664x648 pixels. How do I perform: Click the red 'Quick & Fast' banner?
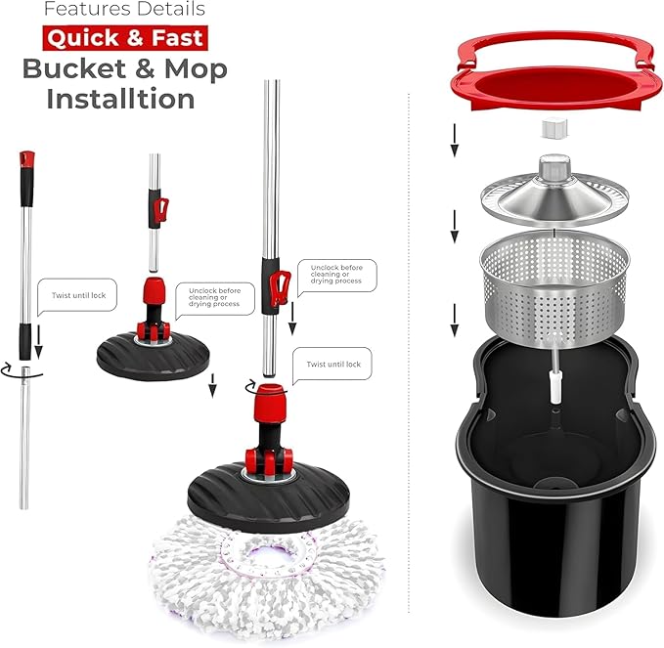pos(125,38)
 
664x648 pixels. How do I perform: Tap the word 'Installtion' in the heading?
pos(120,99)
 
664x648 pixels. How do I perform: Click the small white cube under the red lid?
pos(554,128)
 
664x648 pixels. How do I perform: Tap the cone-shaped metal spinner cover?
pos(554,191)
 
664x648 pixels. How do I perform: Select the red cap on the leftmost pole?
pos(27,158)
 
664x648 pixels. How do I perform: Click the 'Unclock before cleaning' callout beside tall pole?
pos(336,276)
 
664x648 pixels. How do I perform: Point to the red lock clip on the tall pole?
pos(281,287)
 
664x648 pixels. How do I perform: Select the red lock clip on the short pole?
pos(161,209)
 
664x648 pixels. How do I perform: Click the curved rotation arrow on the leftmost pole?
pos(22,370)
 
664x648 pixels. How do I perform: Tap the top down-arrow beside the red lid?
pos(455,140)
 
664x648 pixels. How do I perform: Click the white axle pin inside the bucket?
pos(554,387)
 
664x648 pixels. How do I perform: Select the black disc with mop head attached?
pos(269,497)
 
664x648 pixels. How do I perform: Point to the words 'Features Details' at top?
pos(124,9)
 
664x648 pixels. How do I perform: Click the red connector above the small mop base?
pos(155,291)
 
